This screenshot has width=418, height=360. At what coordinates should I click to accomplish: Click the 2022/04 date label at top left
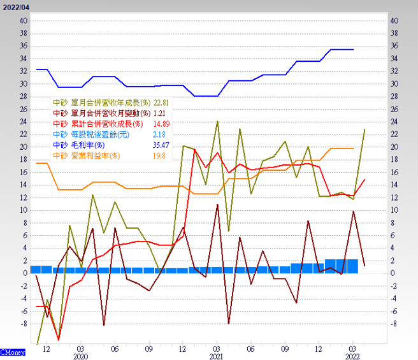coord(15,6)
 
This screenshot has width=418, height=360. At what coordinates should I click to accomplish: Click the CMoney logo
coord(13,352)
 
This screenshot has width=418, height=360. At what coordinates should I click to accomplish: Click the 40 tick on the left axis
coord(23,21)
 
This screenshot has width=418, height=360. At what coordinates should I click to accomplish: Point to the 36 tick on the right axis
coord(394,46)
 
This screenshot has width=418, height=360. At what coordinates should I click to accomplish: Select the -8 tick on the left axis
coord(23,324)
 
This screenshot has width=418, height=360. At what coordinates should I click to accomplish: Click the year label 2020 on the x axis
coord(81,357)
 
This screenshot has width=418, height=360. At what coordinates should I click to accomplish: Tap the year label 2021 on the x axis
coord(217,357)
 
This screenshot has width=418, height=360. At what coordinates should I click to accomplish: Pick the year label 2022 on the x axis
coord(353,357)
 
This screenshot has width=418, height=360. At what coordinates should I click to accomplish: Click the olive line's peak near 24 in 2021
coord(217,121)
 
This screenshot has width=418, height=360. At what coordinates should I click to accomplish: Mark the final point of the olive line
coord(364,129)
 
